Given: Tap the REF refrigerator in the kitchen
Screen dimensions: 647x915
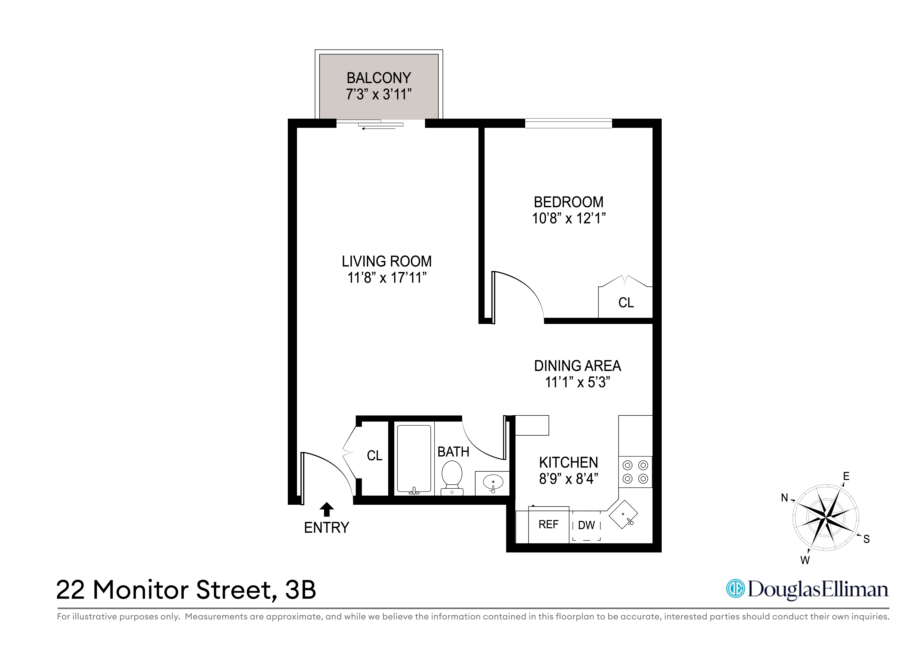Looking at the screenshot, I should pyautogui.click(x=548, y=525).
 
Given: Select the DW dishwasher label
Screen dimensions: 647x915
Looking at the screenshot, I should pyautogui.click(x=586, y=525).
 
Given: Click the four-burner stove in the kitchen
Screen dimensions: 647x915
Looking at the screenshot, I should pyautogui.click(x=635, y=472).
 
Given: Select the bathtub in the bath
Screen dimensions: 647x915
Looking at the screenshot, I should pyautogui.click(x=414, y=458).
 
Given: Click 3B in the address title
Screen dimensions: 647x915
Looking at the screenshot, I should pyautogui.click(x=301, y=590).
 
